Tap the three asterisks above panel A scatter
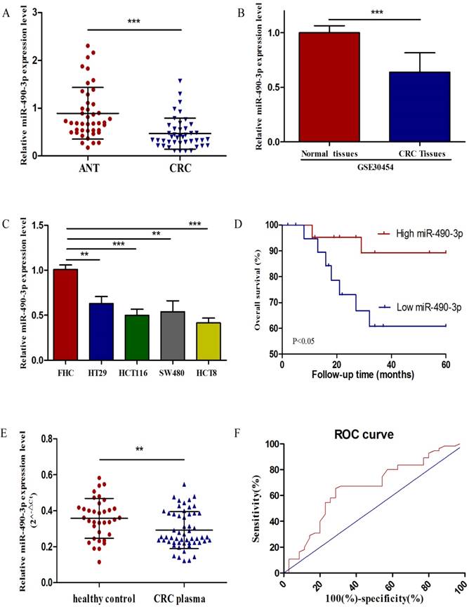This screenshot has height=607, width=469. point(134,22)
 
